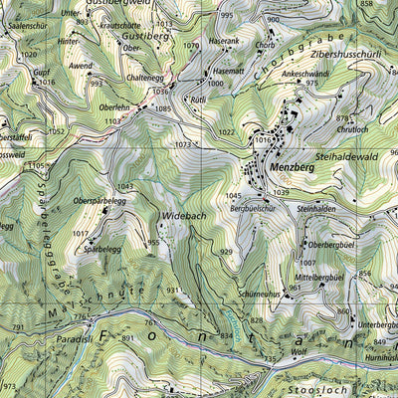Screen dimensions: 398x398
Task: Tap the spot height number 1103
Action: pyautogui.click(x=112, y=120)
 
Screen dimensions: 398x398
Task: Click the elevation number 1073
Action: pyautogui.click(x=181, y=144)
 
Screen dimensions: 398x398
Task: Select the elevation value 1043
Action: pyautogui.click(x=124, y=186)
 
